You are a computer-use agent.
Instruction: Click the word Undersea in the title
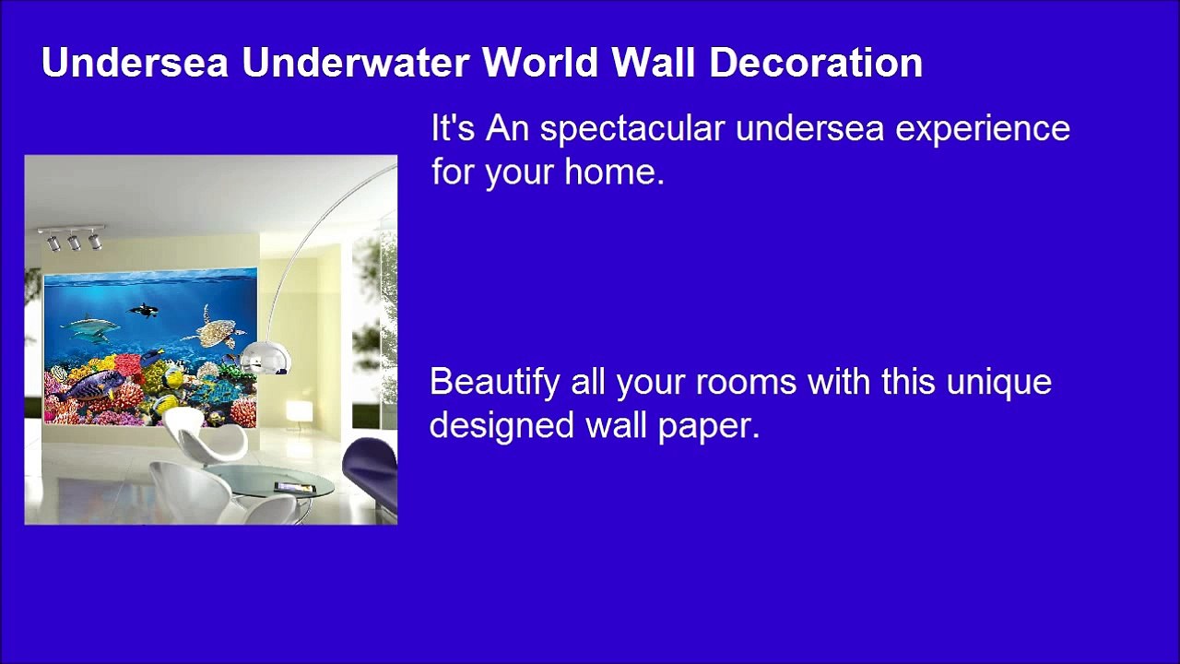(x=135, y=63)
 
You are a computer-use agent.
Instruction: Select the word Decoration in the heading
(x=816, y=63)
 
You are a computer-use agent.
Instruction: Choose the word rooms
(x=746, y=382)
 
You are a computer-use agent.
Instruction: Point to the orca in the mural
(x=144, y=312)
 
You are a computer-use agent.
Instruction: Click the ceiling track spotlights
(x=72, y=238)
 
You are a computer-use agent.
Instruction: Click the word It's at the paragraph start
(x=452, y=129)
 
